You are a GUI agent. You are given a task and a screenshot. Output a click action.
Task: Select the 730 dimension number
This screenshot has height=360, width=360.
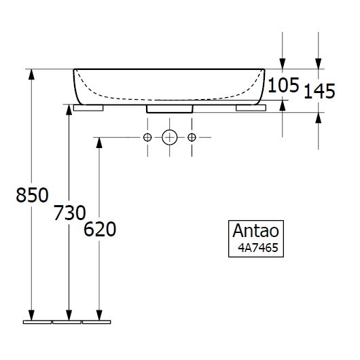69,213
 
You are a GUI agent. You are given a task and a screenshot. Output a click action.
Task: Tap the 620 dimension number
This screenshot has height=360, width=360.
100,230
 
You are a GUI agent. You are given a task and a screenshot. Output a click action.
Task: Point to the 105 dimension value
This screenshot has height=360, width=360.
283,85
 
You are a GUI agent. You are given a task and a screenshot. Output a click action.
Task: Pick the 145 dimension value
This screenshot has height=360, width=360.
319,90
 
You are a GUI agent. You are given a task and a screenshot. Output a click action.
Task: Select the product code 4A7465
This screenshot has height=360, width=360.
256,247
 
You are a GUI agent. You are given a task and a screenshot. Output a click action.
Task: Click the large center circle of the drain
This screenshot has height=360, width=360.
170,138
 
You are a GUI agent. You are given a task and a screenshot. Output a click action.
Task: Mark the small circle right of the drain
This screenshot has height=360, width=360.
192,138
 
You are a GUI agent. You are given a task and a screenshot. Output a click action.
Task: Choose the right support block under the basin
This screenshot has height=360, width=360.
249,107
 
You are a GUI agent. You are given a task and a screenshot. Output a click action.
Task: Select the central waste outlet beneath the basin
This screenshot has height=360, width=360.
169,108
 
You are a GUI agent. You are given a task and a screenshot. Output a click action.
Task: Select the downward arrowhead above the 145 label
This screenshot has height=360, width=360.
319,62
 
